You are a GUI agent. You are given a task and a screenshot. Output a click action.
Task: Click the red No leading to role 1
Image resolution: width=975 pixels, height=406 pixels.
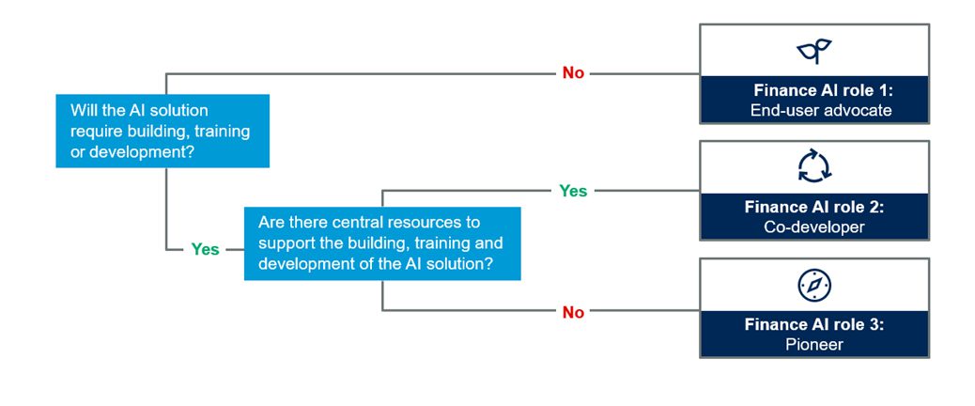click(573, 73)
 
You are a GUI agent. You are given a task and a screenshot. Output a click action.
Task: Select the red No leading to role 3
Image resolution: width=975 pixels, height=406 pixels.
click(573, 313)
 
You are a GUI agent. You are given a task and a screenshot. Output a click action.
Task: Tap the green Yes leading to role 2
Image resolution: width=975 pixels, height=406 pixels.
click(573, 191)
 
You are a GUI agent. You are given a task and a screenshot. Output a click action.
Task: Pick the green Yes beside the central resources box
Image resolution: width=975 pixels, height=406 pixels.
click(205, 249)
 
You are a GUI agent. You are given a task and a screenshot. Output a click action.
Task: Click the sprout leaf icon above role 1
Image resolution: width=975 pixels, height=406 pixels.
click(814, 51)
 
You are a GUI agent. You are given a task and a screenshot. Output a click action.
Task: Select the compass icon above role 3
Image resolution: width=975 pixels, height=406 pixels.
click(814, 286)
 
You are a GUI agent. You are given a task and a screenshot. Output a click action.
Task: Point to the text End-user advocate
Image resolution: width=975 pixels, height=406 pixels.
click(821, 111)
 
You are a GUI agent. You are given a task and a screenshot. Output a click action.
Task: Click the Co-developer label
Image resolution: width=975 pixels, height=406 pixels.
click(814, 226)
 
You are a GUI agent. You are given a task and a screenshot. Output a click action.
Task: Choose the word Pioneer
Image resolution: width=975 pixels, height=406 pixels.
click(814, 344)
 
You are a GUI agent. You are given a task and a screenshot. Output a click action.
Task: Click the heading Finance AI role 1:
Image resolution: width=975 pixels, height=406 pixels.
click(823, 90)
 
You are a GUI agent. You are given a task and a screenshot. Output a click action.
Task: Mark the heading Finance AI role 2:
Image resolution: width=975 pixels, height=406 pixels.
click(814, 207)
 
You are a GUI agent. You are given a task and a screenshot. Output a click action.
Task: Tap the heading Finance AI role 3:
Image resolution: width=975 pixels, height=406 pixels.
click(814, 324)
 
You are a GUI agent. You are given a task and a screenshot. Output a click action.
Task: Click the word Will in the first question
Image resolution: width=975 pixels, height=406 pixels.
click(81, 111)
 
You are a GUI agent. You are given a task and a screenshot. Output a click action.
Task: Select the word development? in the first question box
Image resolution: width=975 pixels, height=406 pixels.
click(142, 151)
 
